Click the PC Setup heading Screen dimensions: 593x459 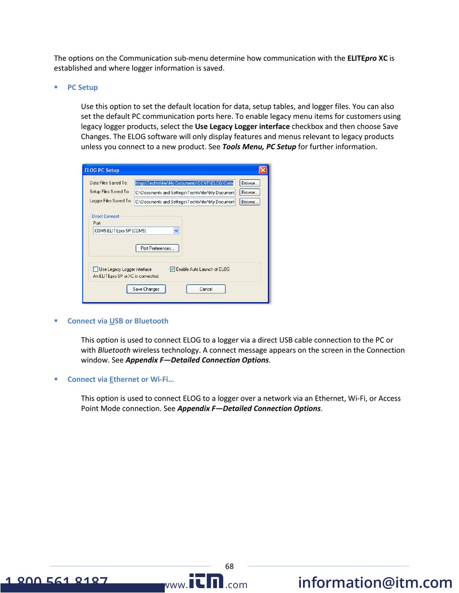point(82,87)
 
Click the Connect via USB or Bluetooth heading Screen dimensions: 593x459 point(117,321)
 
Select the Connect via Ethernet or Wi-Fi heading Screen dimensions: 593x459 point(120,379)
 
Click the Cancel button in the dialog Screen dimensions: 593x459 point(206,289)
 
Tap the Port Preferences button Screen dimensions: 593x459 point(157,248)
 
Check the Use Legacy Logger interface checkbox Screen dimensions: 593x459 point(96,269)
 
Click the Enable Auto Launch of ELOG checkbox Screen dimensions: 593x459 point(172,269)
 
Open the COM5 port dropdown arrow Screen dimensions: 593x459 point(176,231)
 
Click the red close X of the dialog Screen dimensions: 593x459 point(263,170)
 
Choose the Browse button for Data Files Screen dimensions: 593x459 point(250,183)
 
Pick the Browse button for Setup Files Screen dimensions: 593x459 point(250,192)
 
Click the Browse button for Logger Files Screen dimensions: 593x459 point(250,202)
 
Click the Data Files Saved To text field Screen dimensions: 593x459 point(185,183)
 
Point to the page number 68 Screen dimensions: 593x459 point(229,566)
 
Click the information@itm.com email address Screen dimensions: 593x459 point(375,583)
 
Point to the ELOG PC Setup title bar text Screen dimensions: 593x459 point(102,171)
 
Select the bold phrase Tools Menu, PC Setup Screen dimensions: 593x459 point(259,146)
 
